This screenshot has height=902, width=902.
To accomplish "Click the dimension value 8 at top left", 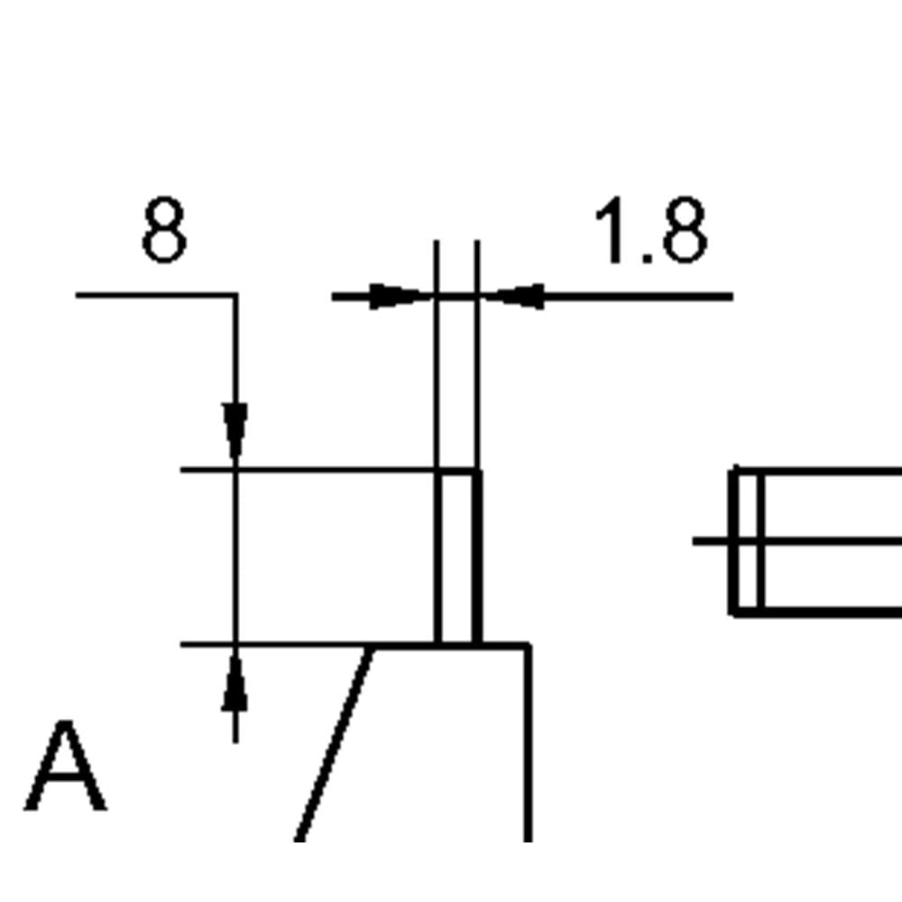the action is tap(164, 229).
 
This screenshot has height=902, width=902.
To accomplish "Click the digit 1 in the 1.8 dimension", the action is tap(611, 229).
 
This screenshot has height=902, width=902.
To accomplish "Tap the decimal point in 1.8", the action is tap(647, 258).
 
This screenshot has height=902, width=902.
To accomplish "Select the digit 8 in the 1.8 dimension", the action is tap(686, 229).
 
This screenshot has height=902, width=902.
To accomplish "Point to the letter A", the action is tap(65, 765).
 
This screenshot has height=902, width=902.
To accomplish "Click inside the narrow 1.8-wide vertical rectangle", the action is tap(456, 557).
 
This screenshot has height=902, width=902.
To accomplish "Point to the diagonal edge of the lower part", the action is tap(335, 744).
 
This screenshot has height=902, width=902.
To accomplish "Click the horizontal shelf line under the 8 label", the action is tap(155, 295).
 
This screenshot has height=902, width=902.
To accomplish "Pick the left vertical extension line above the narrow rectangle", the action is tap(437, 354).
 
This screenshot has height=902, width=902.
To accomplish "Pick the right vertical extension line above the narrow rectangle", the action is tap(477, 354).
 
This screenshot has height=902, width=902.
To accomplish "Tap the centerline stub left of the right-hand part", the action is tap(711, 540).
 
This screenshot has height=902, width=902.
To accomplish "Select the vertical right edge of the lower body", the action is tap(528, 744).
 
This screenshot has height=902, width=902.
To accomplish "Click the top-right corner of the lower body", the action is tap(529, 647).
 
